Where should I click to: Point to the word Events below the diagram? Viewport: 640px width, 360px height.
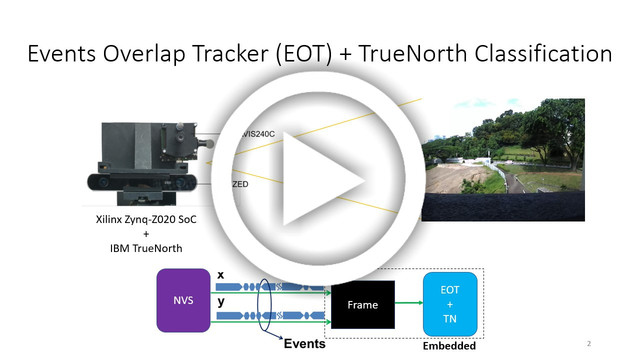(306, 343)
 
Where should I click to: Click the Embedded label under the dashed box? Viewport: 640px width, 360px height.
(450, 346)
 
